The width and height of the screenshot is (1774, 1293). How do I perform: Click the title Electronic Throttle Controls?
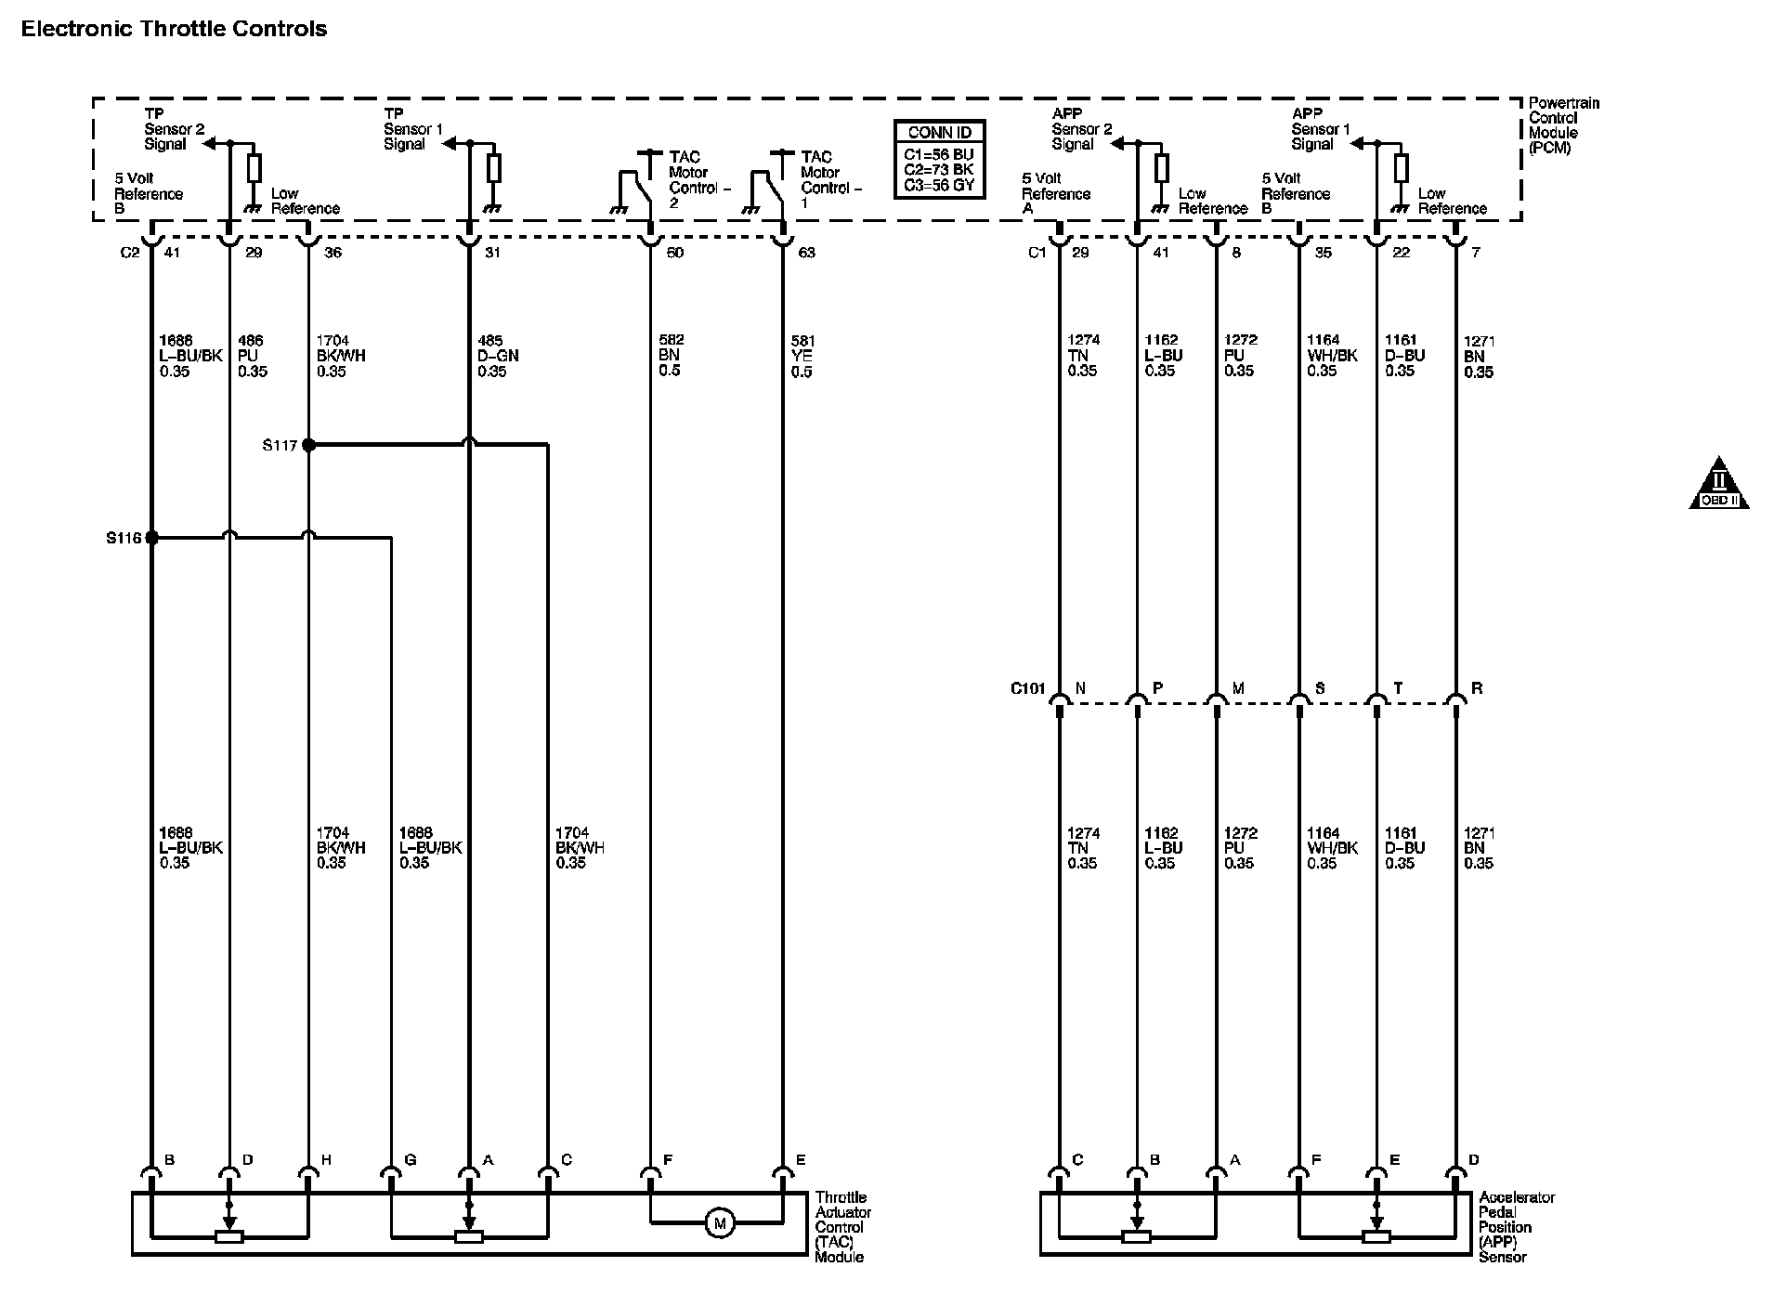pos(174,29)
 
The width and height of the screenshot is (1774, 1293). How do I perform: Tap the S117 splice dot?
pos(309,445)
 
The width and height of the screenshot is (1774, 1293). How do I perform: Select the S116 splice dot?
pos(151,537)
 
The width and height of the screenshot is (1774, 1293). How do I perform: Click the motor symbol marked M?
pos(719,1223)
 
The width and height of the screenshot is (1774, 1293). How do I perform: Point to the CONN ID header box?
pos(939,133)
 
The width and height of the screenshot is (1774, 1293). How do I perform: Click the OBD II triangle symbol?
pos(1718,485)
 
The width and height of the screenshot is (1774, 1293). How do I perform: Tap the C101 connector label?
pos(1027,689)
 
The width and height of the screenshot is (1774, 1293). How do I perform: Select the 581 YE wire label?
pos(802,356)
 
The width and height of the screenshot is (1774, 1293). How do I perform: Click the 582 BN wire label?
pos(670,356)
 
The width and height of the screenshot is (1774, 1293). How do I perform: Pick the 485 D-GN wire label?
pos(498,356)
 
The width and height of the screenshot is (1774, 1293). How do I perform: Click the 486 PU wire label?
pos(252,356)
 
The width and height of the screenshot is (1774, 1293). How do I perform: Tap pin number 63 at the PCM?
pos(806,253)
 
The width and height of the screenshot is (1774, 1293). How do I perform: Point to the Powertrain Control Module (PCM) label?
pos(1563,125)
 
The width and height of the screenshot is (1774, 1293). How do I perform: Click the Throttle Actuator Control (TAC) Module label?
pos(842,1227)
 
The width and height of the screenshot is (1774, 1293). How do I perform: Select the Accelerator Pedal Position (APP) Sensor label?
pos(1516,1227)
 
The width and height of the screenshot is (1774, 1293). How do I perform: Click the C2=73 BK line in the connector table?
pos(939,170)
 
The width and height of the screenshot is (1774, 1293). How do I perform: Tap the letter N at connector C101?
pos(1080,688)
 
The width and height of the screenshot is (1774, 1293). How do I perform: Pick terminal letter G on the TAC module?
pos(410,1159)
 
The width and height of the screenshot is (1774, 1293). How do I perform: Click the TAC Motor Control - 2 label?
pos(698,180)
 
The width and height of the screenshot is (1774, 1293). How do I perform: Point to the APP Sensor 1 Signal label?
pos(1320,129)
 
